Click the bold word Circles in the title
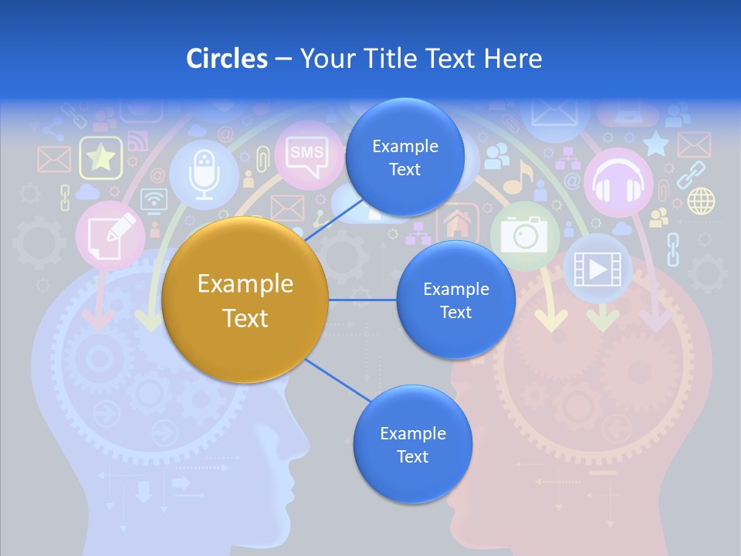point(227,58)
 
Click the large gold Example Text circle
point(245,300)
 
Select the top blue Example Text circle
point(404,157)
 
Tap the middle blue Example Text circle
point(455,300)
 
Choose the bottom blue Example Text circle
point(412,444)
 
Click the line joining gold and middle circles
point(362,300)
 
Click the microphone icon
point(204,173)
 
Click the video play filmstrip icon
point(597,268)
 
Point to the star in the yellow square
point(100,158)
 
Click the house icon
point(458,223)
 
